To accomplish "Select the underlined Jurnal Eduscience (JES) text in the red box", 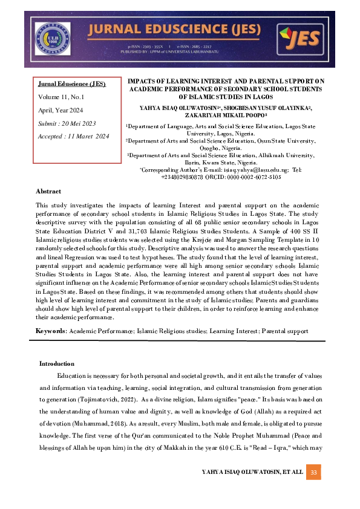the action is pyautogui.click(x=71, y=84).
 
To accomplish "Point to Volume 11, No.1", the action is pyautogui.click(x=61, y=97).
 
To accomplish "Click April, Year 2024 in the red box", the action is pyautogui.click(x=61, y=110).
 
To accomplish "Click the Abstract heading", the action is pyautogui.click(x=48, y=191).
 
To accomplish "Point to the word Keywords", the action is pyautogui.click(x=51, y=331).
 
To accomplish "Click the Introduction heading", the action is pyautogui.click(x=57, y=363).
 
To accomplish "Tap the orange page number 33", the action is pyautogui.click(x=313, y=472).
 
